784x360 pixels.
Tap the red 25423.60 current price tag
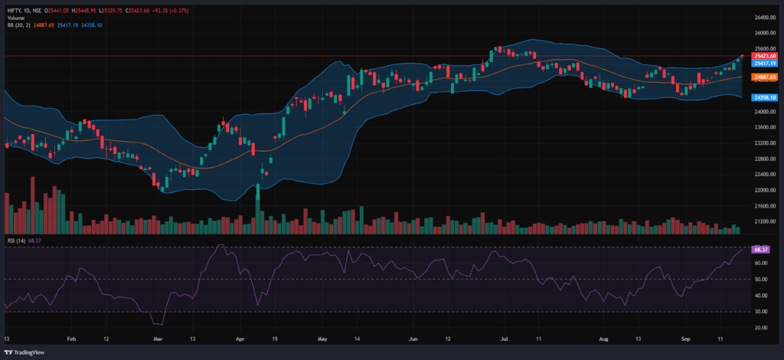(763, 56)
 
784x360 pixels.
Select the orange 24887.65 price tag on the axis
(763, 77)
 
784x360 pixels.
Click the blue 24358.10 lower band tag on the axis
(763, 98)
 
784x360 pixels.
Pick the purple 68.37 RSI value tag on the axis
(761, 250)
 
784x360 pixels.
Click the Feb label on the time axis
(71, 338)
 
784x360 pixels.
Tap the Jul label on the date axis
(506, 338)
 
